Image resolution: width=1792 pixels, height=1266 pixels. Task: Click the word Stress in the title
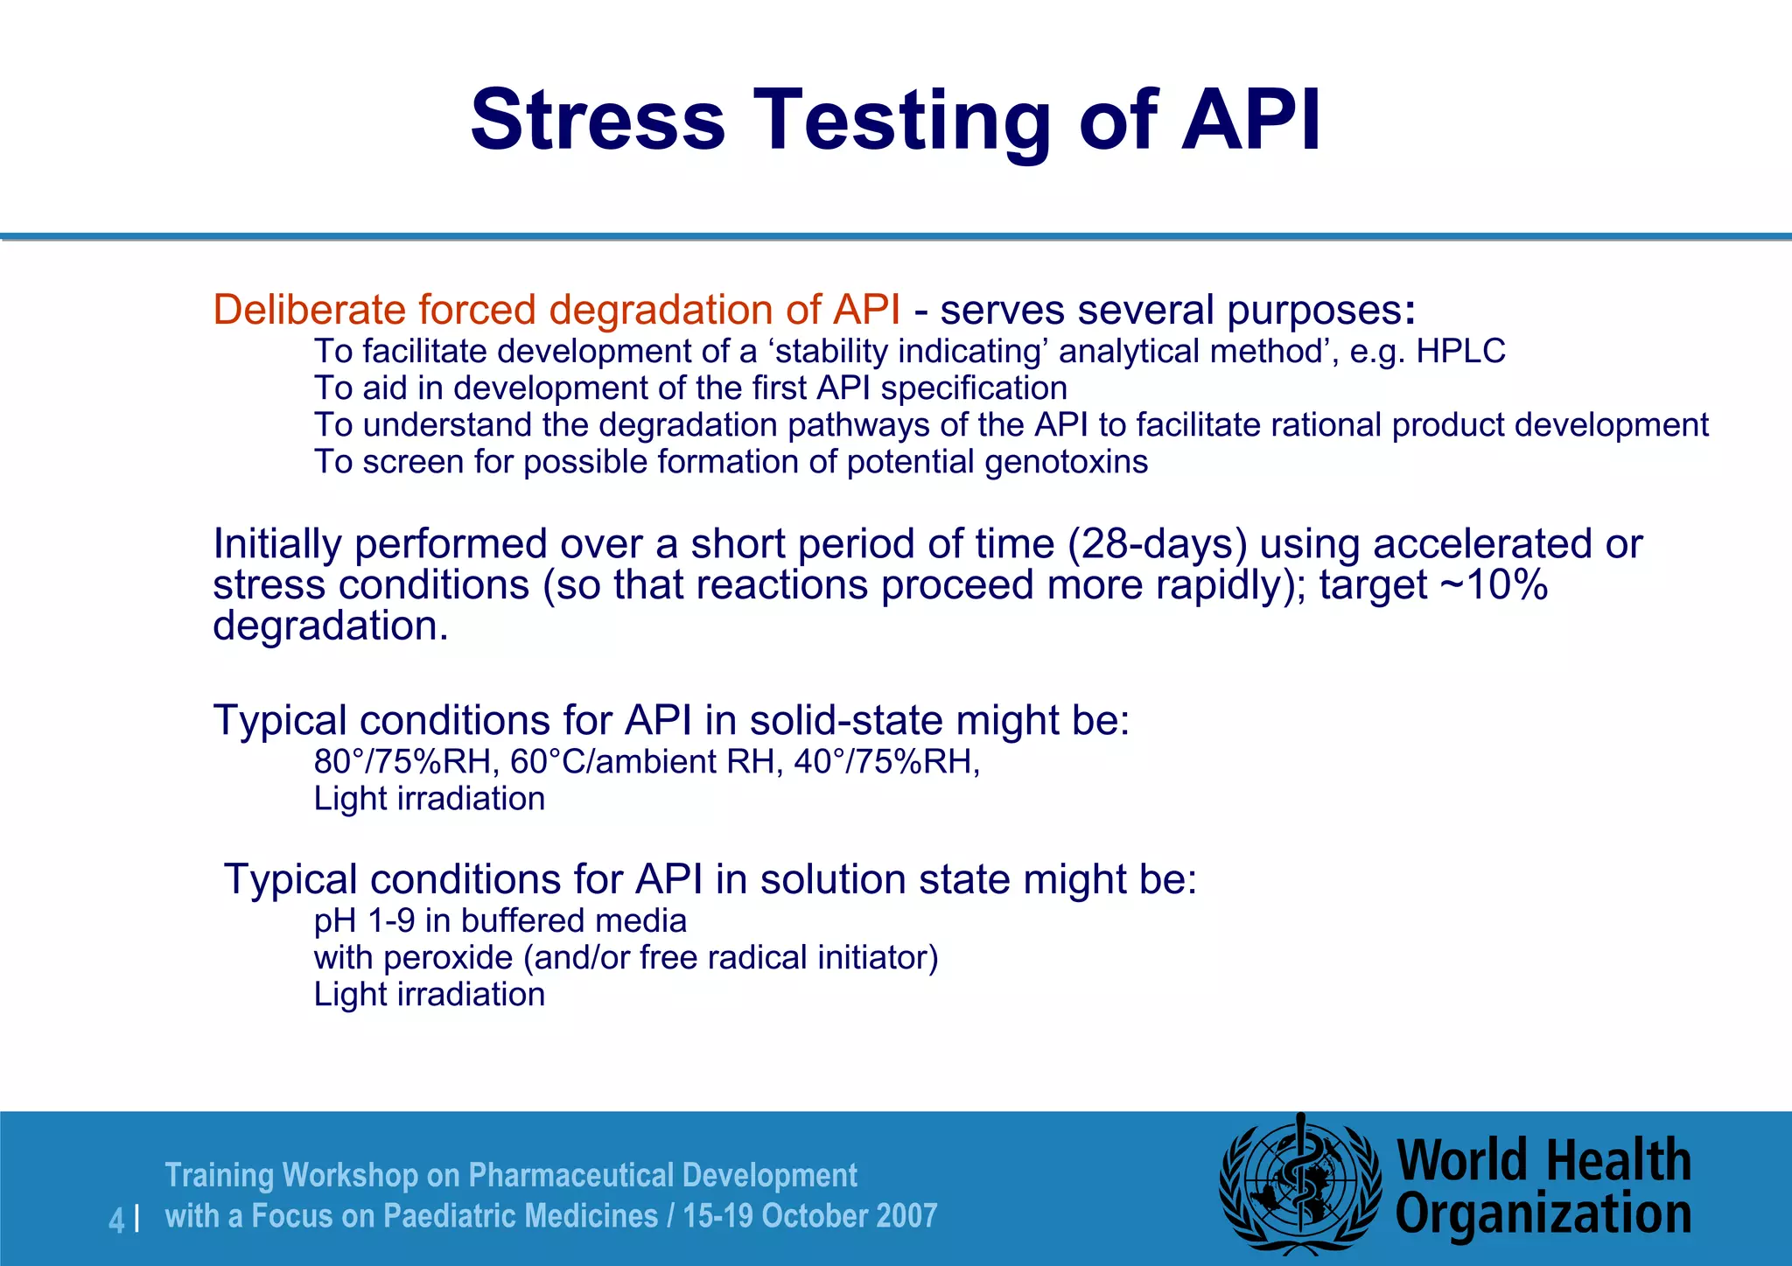pos(598,120)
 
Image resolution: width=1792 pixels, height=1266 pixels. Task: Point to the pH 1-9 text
pos(364,921)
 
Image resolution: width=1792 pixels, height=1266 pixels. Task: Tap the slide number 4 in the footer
pos(116,1220)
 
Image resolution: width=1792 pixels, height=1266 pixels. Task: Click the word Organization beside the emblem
pos(1543,1214)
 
